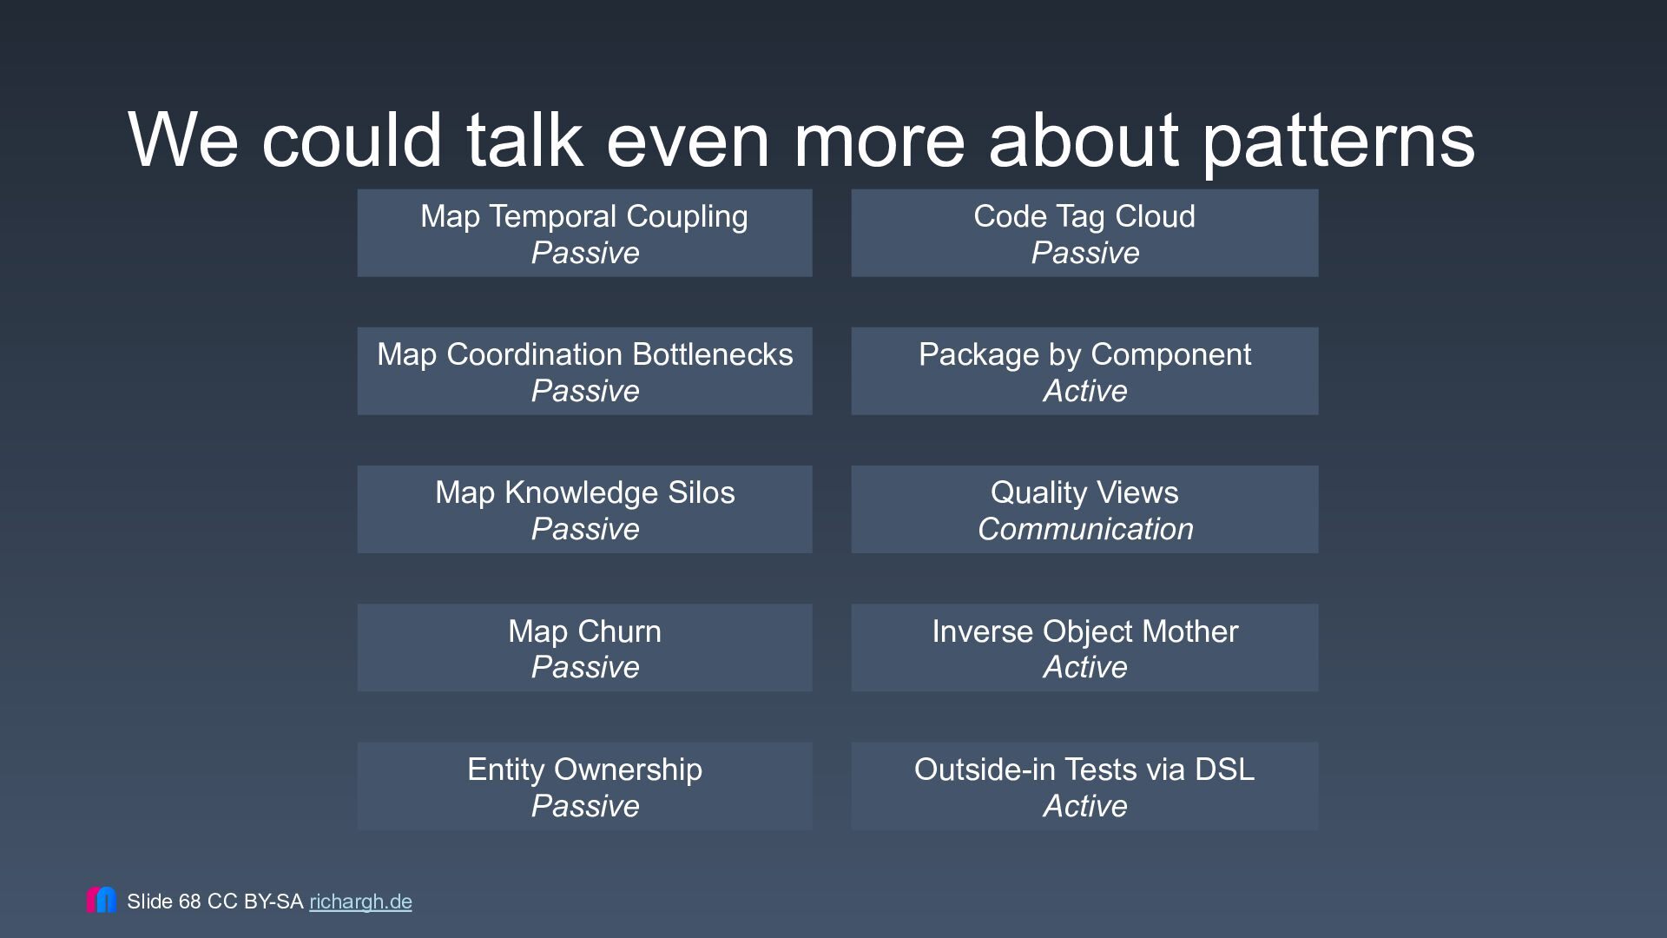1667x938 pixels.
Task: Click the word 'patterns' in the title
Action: point(1338,142)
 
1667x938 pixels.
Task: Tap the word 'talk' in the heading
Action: point(524,139)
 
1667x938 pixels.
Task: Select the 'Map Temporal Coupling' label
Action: point(584,216)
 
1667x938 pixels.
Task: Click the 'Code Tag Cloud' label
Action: point(1084,216)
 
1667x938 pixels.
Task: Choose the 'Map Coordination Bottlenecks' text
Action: point(585,354)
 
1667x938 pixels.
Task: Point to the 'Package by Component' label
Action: point(1084,354)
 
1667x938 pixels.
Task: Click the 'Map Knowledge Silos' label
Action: point(585,492)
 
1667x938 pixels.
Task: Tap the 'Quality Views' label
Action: point(1084,492)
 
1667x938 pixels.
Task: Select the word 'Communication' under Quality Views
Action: point(1085,529)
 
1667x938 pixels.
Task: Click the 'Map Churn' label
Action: point(585,631)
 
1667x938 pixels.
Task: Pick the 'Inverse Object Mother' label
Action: point(1085,631)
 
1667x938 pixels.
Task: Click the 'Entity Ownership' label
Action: point(585,770)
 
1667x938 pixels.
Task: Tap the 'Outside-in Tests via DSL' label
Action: point(1084,770)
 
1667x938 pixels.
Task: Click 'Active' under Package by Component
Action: point(1085,391)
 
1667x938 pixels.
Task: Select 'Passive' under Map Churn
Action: point(585,667)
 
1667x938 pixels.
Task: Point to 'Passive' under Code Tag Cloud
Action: point(1085,253)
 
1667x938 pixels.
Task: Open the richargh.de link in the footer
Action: point(360,902)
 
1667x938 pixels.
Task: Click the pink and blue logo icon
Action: point(101,900)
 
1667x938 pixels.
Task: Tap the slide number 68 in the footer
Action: point(189,902)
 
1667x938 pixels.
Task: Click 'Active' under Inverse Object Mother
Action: point(1085,667)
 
